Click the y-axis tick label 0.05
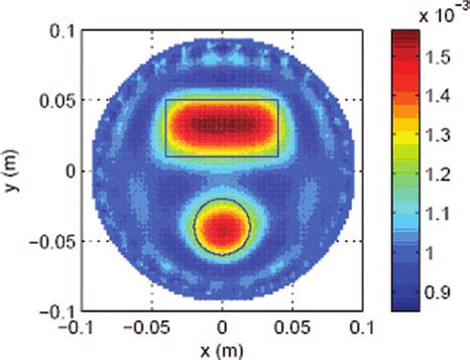point(55,100)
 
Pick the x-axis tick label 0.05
point(294,326)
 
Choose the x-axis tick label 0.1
point(364,326)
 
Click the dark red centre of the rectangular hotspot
point(220,125)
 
